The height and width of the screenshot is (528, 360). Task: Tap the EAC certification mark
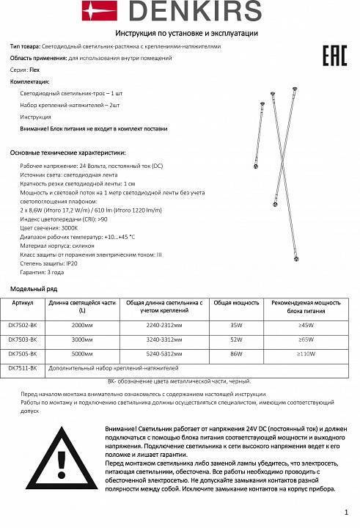[x=334, y=56]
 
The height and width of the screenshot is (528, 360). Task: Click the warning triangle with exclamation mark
[x=62, y=463]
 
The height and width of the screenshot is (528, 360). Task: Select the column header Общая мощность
[x=235, y=302]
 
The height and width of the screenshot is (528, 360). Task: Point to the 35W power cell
[x=235, y=323]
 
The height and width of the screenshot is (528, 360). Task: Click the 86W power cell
[x=235, y=353]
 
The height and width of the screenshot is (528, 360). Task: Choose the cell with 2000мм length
[x=81, y=323]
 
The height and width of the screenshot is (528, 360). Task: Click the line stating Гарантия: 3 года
[x=42, y=272]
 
